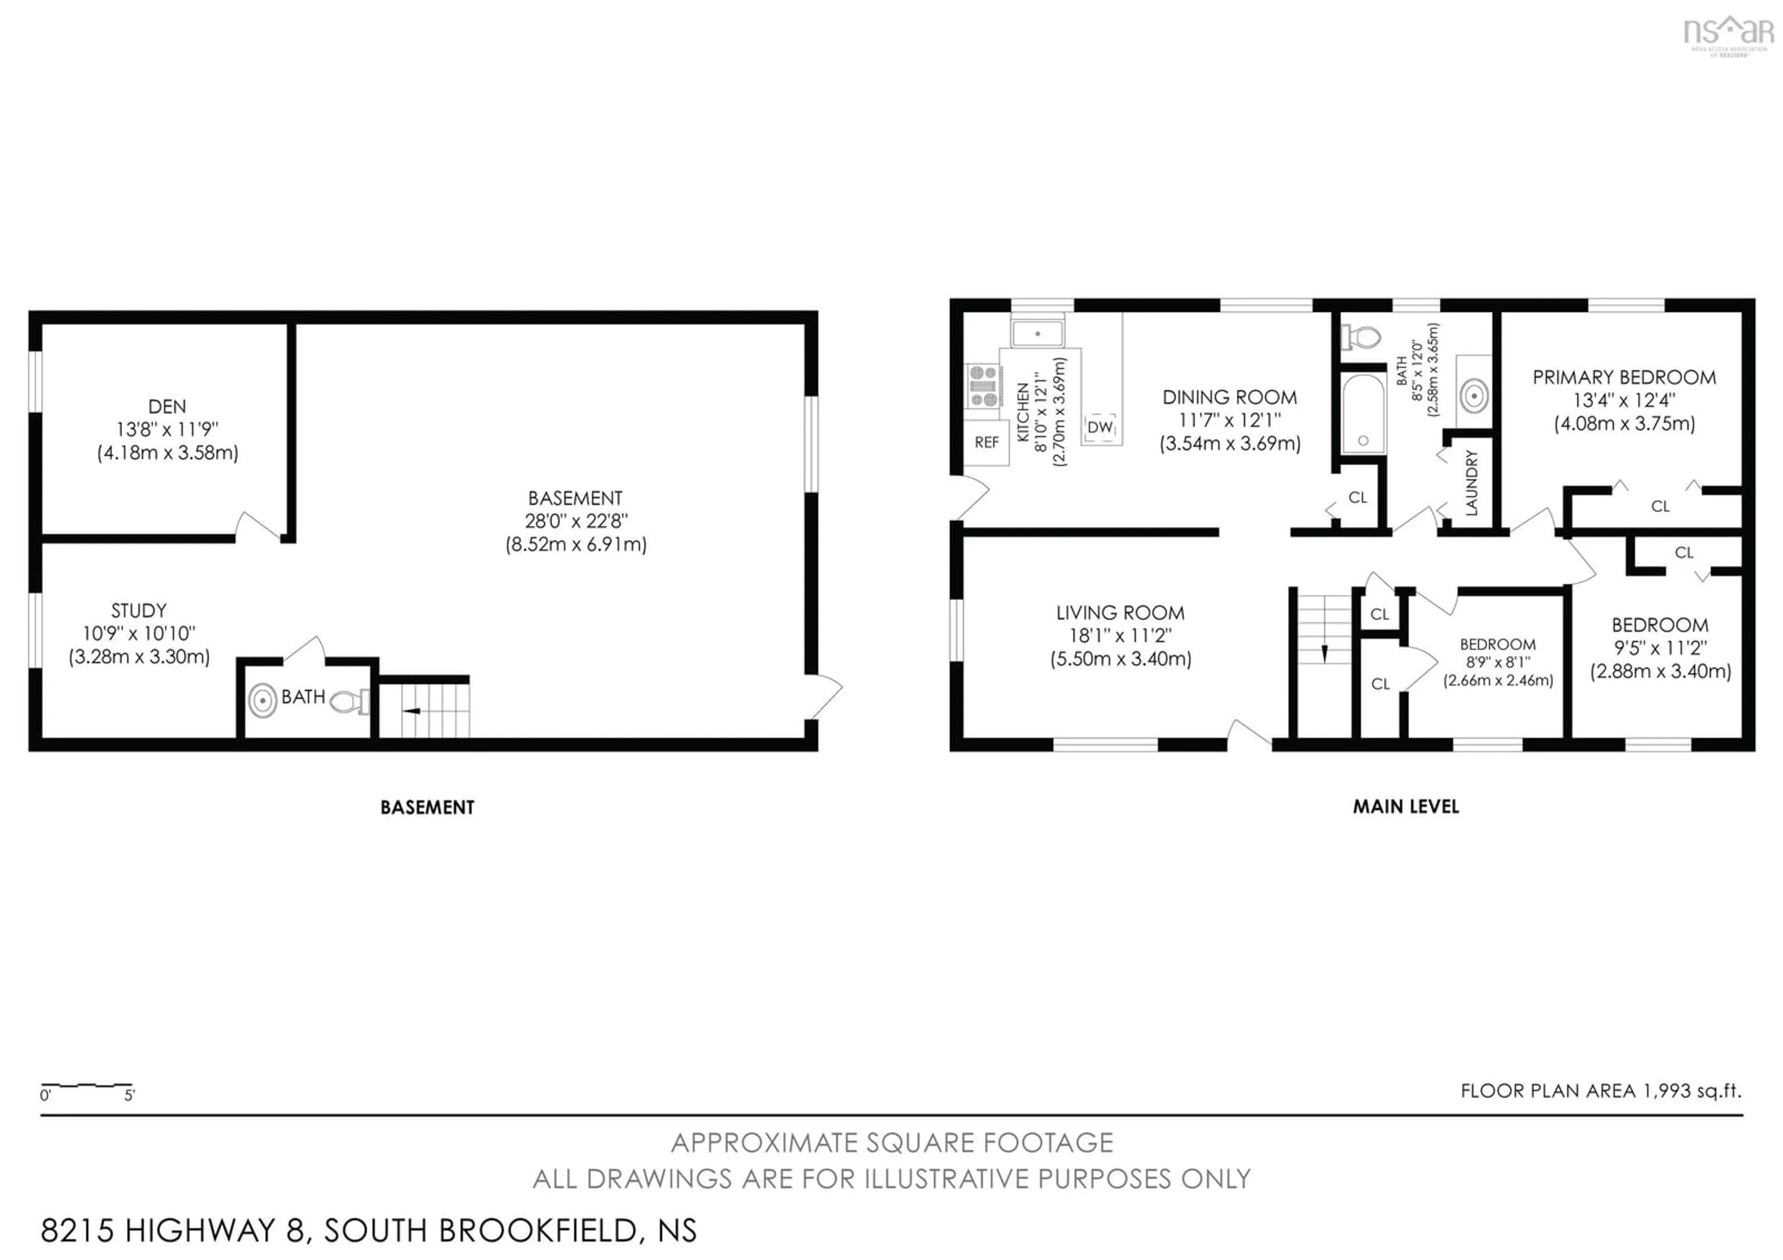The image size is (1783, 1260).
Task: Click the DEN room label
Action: click(167, 407)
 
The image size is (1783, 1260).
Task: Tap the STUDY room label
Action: click(138, 610)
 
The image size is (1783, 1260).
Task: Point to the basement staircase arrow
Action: click(411, 710)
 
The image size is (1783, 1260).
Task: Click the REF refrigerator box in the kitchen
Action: click(986, 442)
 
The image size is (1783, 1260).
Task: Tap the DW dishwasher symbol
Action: click(1100, 428)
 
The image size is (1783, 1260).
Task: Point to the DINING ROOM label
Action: click(1230, 397)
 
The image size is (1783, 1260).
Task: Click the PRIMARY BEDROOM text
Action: click(1624, 378)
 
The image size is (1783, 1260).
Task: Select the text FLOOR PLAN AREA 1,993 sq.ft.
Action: click(1601, 1091)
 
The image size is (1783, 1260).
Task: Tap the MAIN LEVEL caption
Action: click(1406, 806)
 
